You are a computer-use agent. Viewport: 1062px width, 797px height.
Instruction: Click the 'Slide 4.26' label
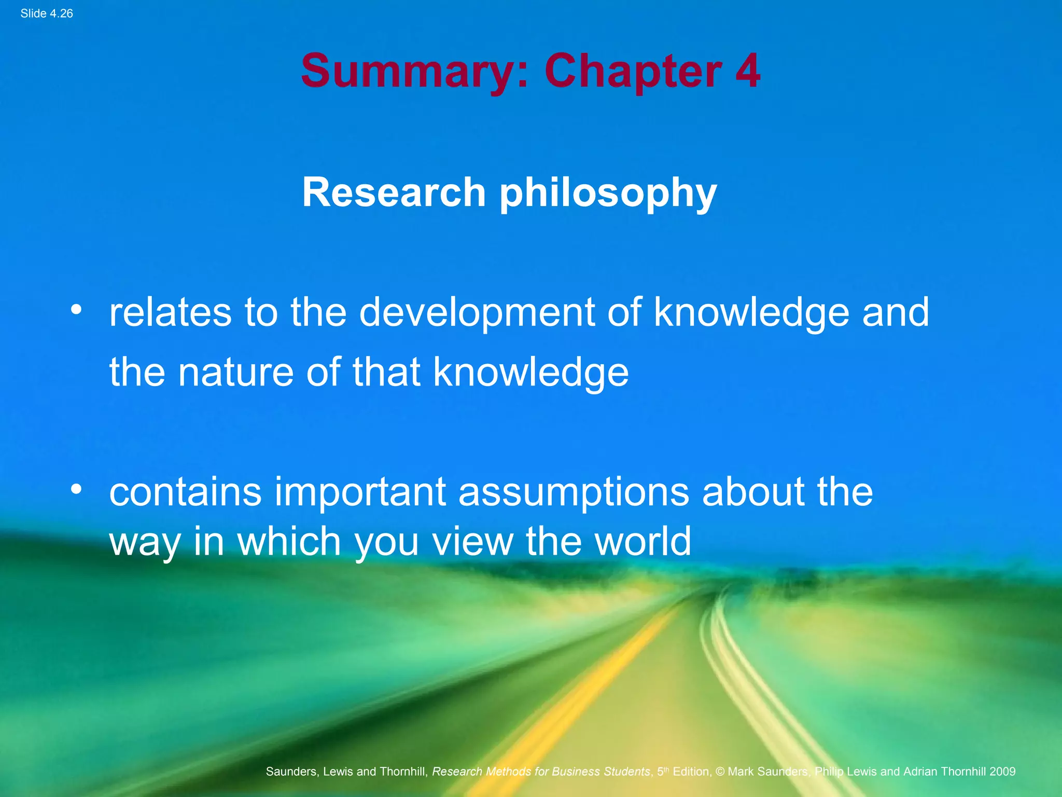[x=47, y=13]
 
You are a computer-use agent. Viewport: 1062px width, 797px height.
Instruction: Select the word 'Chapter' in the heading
[x=633, y=72]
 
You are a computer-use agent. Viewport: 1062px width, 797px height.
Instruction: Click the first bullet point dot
[x=77, y=310]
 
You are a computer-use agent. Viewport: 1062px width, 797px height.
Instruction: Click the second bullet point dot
[x=77, y=489]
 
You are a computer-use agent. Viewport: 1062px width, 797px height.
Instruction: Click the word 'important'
[x=360, y=492]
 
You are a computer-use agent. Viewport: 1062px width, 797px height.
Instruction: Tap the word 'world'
[x=642, y=541]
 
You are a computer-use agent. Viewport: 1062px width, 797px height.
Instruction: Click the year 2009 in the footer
[x=1002, y=772]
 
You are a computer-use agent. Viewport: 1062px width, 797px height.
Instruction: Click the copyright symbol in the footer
[x=720, y=772]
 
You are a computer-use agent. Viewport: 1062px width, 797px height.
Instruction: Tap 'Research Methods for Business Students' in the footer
[x=541, y=772]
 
